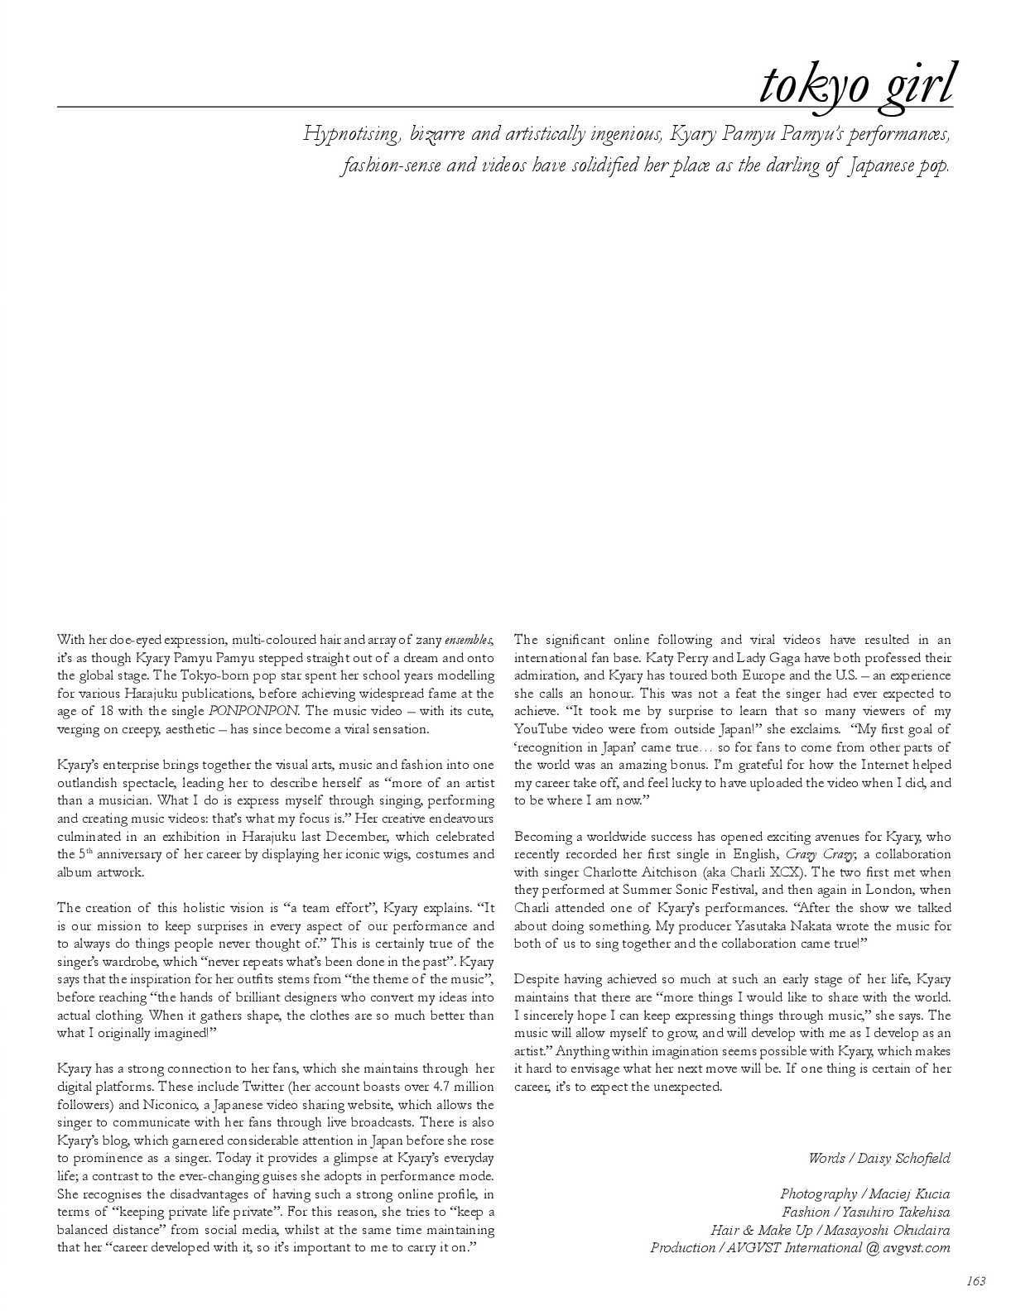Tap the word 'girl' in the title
[x=913, y=85]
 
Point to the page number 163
[x=976, y=1281]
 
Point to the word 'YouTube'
[x=541, y=729]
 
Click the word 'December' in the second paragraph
[x=325, y=837]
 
